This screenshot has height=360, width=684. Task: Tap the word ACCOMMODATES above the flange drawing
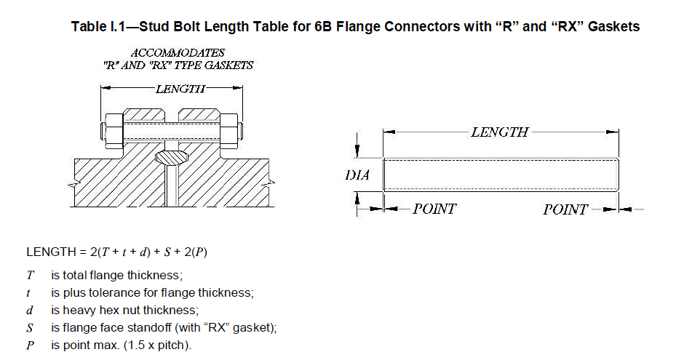[178, 53]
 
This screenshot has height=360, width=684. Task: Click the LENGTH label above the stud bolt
[500, 132]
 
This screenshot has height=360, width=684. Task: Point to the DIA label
[357, 175]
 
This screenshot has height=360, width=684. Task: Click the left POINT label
[434, 209]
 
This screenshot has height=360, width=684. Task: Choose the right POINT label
[565, 209]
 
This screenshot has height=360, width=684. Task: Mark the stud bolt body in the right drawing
[501, 175]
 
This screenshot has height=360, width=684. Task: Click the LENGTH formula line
[121, 252]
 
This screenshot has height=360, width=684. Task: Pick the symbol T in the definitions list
[30, 276]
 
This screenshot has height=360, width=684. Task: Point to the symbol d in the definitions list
[30, 310]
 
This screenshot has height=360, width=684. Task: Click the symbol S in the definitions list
[30, 327]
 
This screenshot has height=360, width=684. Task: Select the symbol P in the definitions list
[30, 345]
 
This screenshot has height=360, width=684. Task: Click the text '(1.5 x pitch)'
[159, 345]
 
